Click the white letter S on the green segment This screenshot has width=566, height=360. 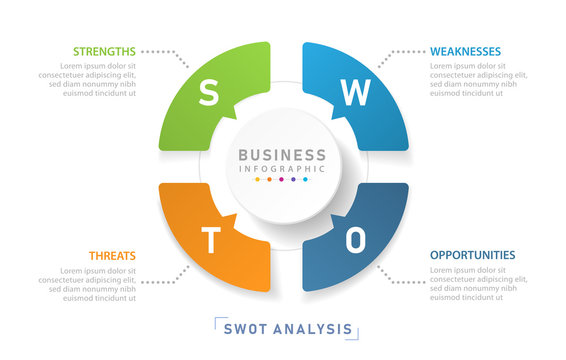[208, 94]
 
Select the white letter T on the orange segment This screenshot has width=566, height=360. [211, 240]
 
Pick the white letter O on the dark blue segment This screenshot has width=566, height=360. [356, 240]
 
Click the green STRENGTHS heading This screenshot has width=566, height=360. [103, 51]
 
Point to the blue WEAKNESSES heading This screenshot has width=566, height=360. [465, 51]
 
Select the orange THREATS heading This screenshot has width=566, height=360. [112, 256]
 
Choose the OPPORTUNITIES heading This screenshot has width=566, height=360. [473, 255]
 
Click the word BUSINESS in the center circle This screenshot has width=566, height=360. [282, 155]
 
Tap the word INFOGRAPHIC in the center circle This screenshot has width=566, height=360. [282, 168]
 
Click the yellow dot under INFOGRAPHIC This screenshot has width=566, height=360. [258, 181]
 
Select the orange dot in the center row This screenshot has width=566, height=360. [270, 181]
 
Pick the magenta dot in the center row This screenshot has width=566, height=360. [282, 181]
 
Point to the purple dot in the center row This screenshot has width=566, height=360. [294, 181]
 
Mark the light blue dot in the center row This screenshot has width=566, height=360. [306, 181]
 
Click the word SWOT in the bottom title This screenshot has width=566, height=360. [244, 328]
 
